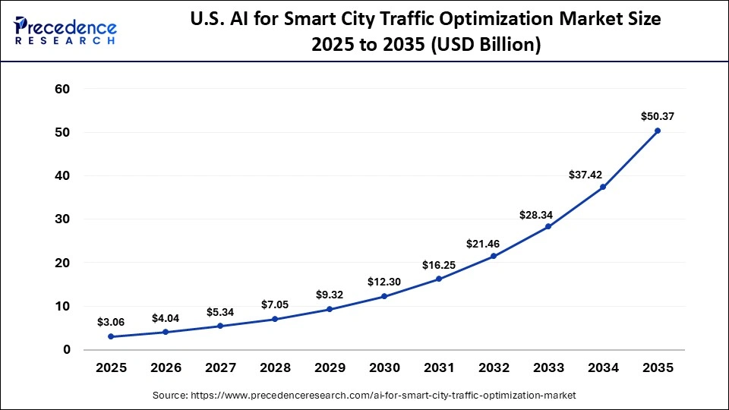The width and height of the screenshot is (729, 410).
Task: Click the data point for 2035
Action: coord(658,131)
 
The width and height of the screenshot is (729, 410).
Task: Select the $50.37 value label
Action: coord(658,116)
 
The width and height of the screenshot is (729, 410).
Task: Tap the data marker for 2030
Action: coord(384,296)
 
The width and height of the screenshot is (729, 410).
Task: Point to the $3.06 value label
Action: coord(111,322)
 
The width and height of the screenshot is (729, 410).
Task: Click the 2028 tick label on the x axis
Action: coord(275,368)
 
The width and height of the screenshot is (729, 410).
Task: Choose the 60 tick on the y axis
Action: coord(62,89)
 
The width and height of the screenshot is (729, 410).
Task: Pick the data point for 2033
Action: coord(548,226)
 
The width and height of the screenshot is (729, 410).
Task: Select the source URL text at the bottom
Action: coord(364,396)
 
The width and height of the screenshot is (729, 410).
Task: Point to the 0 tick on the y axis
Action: coord(67,350)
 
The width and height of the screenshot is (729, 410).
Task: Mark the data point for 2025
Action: coord(111,336)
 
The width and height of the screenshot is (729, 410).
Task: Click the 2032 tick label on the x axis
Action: coord(494,368)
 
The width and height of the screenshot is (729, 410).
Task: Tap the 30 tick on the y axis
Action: coord(62,219)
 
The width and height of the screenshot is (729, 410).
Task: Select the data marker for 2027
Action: coord(220,326)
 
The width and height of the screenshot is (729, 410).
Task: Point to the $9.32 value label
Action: coord(330,295)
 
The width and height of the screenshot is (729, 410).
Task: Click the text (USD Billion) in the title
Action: coord(487,46)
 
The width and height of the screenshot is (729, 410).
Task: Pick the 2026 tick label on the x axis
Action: coord(166,368)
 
